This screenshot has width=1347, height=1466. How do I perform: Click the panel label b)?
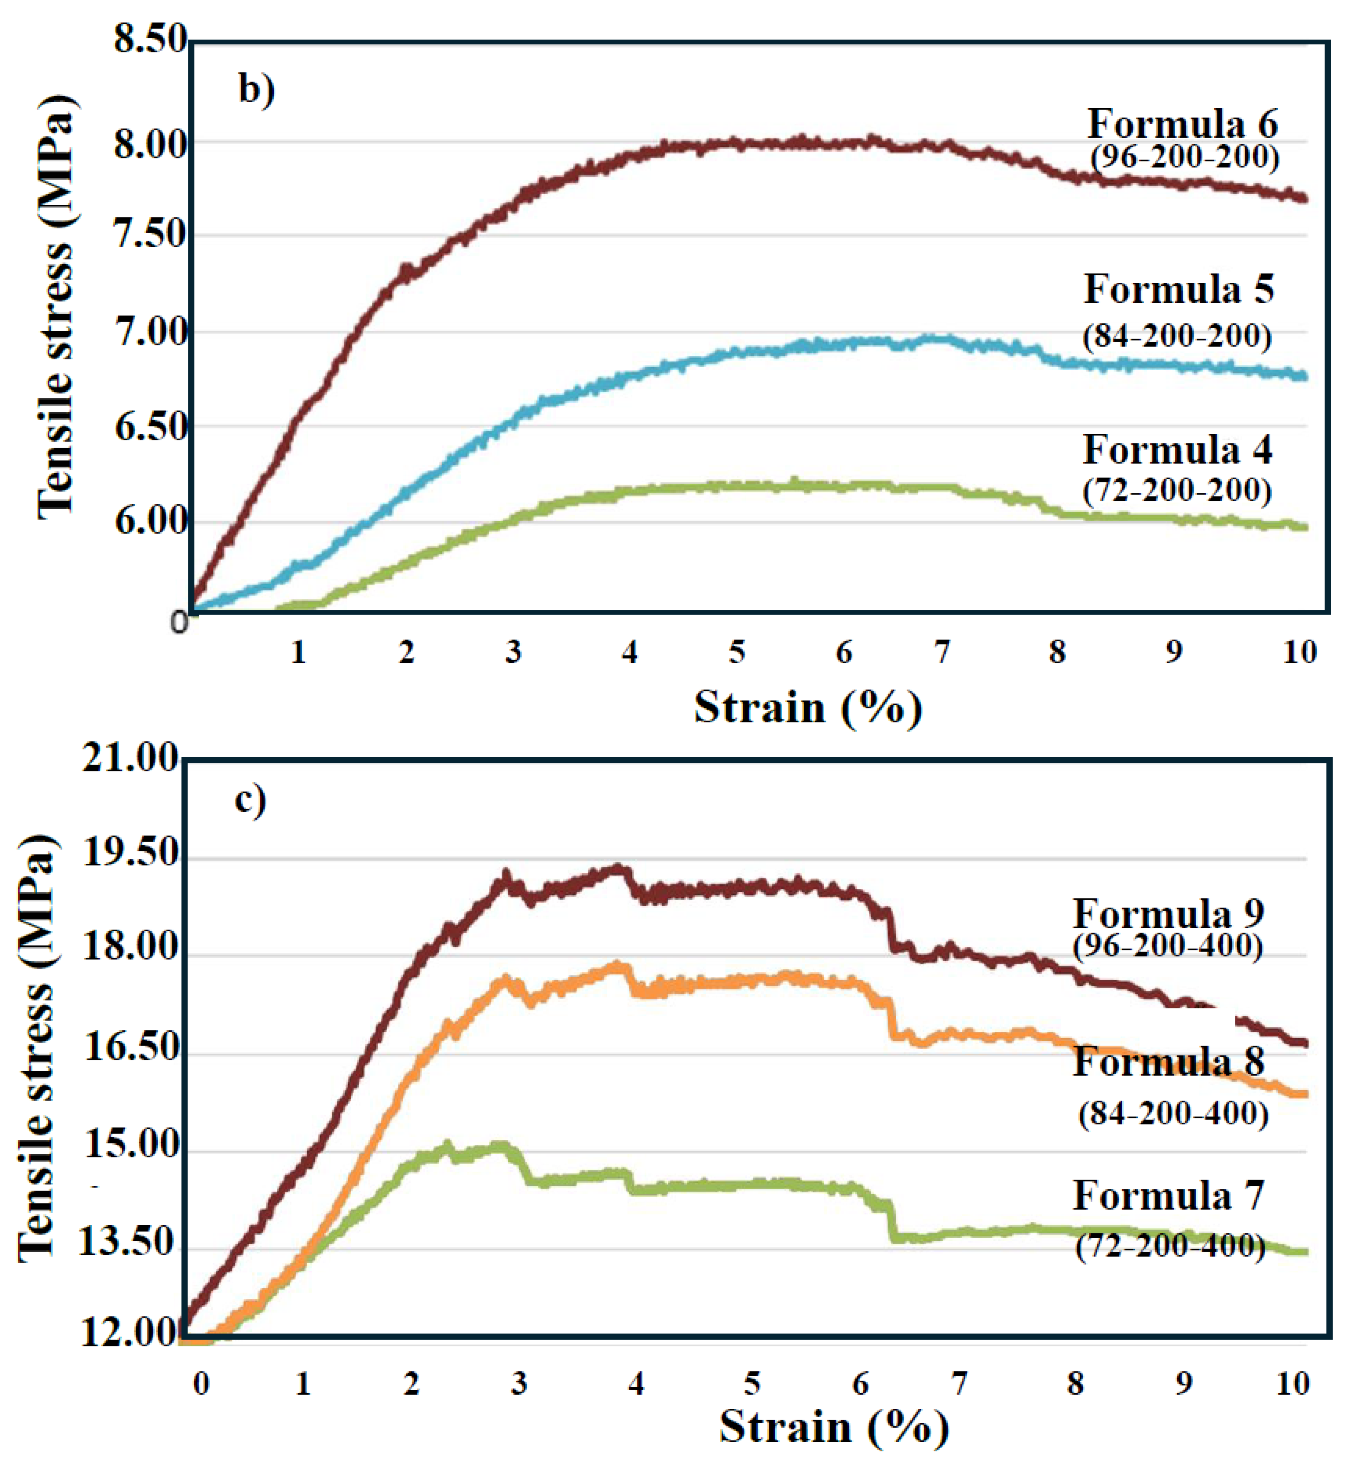256,91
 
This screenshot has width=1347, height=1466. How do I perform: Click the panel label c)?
250,800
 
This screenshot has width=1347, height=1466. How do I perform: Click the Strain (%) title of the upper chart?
808,707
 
